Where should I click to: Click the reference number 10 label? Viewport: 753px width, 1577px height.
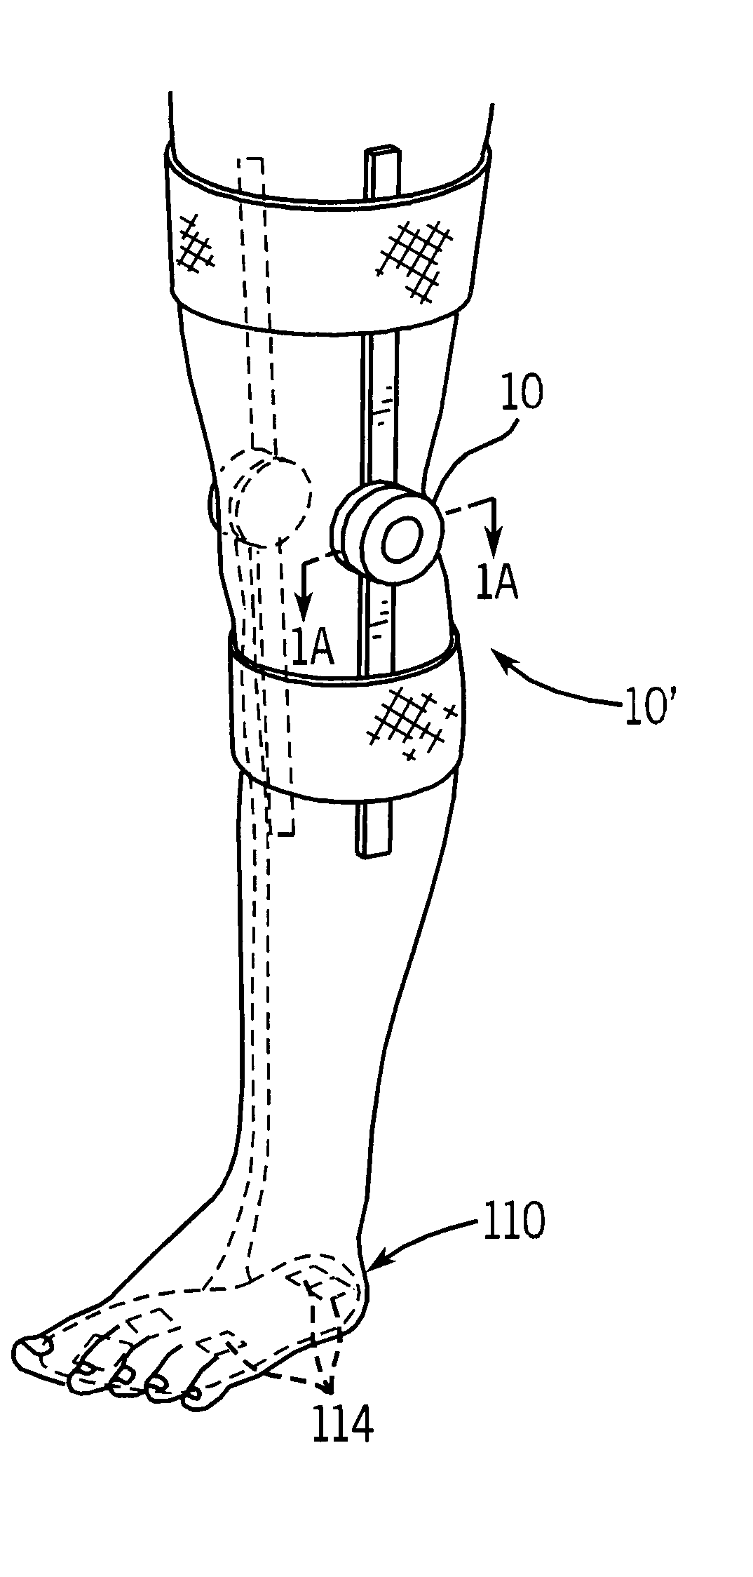(x=521, y=393)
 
